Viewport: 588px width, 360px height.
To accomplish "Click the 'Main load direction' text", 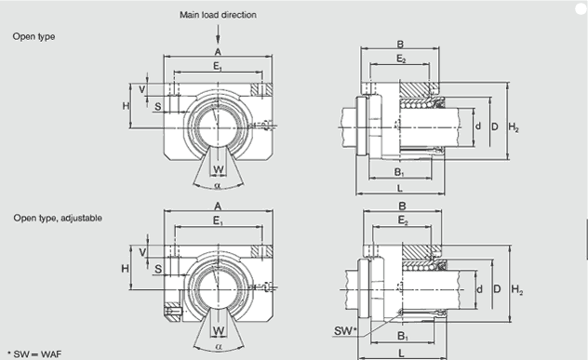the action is point(218,15).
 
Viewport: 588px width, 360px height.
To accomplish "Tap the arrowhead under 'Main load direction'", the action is point(218,40).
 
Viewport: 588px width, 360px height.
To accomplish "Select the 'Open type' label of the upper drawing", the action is point(33,37).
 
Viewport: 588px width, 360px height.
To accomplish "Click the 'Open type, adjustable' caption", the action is point(58,218).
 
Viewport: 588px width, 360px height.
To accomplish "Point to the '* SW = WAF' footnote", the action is point(34,354).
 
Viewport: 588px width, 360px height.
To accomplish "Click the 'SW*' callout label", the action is point(345,331).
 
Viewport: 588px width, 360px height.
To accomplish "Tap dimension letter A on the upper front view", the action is point(218,52).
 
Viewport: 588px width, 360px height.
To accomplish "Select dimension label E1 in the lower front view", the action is point(219,221).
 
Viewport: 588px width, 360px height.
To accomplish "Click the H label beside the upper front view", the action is point(126,106).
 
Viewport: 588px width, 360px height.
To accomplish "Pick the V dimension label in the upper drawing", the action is point(142,89).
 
